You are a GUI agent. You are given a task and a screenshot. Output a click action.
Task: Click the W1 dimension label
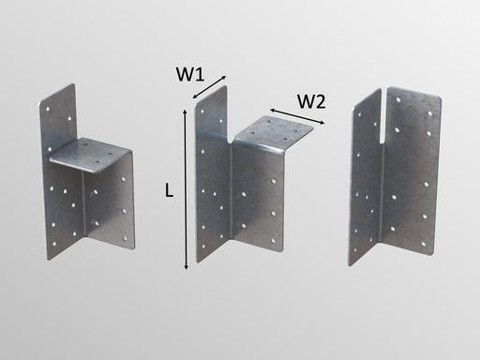pos(190,75)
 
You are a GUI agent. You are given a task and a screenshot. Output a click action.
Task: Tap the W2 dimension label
pos(311,101)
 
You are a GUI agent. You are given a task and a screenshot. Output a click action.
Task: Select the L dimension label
pos(169,190)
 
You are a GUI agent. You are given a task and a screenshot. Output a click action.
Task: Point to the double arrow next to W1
pos(209,87)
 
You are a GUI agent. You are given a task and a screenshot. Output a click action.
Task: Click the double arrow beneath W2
pos(297,116)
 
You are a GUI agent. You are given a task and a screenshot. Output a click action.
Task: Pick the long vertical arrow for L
pos(186,189)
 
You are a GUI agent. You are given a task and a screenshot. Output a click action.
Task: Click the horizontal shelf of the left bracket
pos(91,155)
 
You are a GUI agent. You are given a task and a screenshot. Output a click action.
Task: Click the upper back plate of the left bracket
pos(58,115)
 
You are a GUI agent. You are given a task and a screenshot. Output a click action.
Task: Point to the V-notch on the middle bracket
pos(231,138)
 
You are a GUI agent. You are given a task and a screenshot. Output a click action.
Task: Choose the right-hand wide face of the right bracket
pos(412,172)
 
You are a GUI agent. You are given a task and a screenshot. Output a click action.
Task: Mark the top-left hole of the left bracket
pos(48,109)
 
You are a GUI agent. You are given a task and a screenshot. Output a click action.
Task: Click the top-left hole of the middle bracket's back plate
pos(202,111)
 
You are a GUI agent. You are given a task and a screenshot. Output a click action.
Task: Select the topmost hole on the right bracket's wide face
pos(398,100)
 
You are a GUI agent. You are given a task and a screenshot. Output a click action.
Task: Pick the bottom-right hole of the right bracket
pos(424,244)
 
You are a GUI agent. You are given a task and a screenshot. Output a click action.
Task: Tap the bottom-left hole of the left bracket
pos(54,244)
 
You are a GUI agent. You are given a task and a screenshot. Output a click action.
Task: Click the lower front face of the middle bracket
pos(258,200)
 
